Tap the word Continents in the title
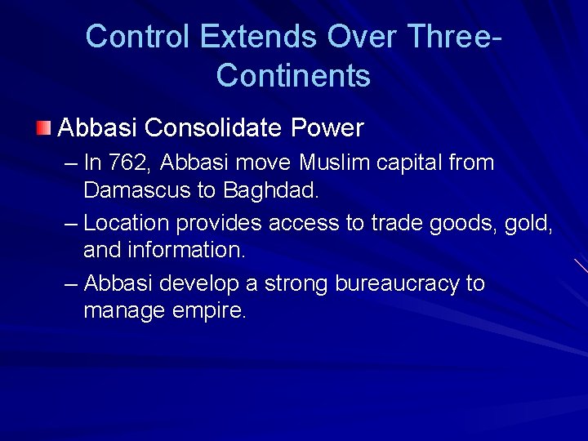(x=293, y=76)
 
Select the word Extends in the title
(x=258, y=37)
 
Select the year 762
(x=127, y=163)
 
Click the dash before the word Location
(x=72, y=223)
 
